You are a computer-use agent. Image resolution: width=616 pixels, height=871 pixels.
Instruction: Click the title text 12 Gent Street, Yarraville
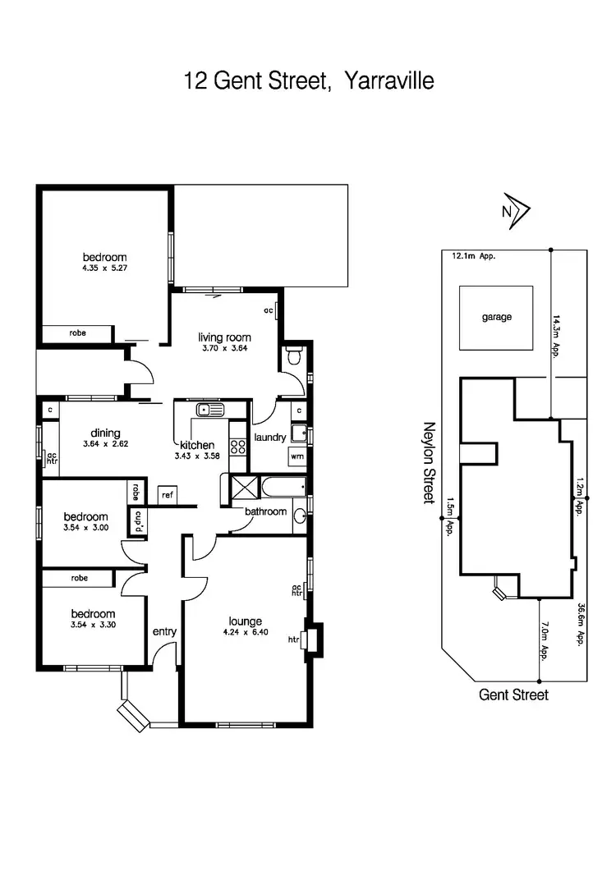pyautogui.click(x=308, y=81)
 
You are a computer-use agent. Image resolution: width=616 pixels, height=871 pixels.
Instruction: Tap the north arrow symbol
pyautogui.click(x=516, y=210)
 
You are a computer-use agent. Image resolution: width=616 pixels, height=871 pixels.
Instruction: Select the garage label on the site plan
pyautogui.click(x=496, y=317)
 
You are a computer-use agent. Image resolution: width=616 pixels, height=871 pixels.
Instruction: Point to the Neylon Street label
pyautogui.click(x=428, y=463)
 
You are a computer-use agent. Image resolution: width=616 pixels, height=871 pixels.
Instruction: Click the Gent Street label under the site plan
pyautogui.click(x=513, y=695)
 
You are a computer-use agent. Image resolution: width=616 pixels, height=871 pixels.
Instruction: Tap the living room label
pyautogui.click(x=224, y=337)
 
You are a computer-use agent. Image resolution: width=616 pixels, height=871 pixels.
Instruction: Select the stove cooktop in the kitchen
pyautogui.click(x=238, y=447)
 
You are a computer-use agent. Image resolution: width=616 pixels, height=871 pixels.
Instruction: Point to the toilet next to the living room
pyautogui.click(x=294, y=356)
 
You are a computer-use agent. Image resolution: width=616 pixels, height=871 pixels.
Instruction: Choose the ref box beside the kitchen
pyautogui.click(x=168, y=494)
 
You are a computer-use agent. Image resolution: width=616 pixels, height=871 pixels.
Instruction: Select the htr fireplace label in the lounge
pyautogui.click(x=292, y=639)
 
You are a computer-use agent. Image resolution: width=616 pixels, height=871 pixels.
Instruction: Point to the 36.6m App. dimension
pyautogui.click(x=582, y=626)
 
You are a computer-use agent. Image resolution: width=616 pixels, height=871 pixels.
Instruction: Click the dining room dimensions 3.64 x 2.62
pyautogui.click(x=107, y=444)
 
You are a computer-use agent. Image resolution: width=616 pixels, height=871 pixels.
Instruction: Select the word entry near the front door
pyautogui.click(x=165, y=631)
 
